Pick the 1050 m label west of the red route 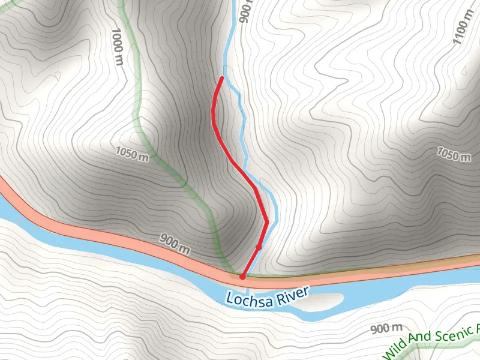pyautogui.click(x=131, y=155)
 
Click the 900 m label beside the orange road pyautogui.click(x=175, y=244)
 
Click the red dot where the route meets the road pyautogui.click(x=242, y=277)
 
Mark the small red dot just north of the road pyautogui.click(x=259, y=247)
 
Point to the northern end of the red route pyautogui.click(x=223, y=78)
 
